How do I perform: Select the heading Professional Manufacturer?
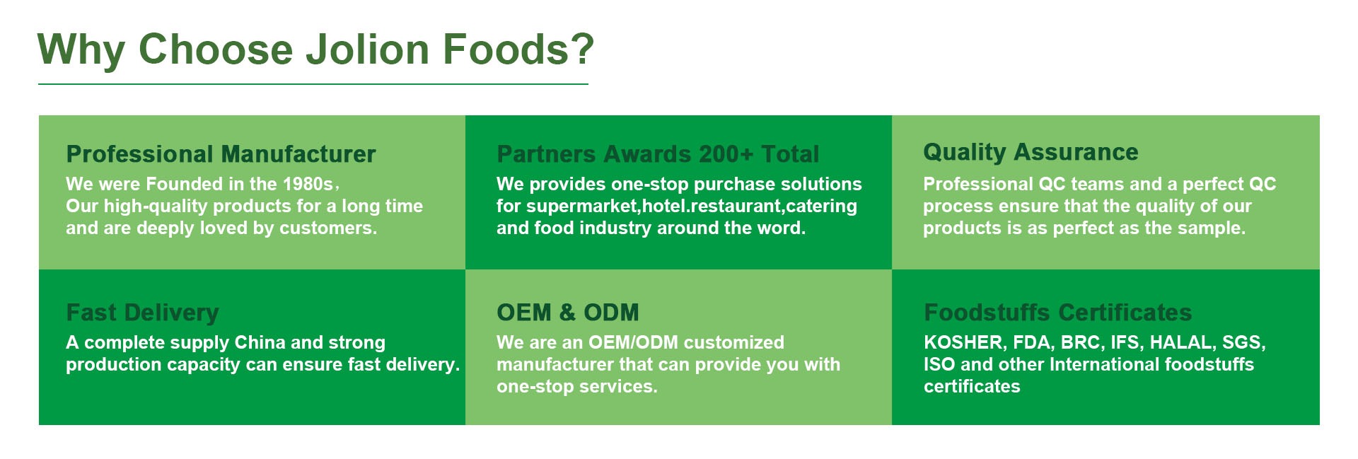[221, 154]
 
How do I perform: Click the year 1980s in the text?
[308, 184]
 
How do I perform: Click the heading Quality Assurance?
[1031, 152]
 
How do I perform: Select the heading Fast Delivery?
[142, 313]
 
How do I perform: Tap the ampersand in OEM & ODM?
[567, 313]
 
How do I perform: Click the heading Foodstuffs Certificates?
[1057, 313]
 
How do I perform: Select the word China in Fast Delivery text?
[260, 342]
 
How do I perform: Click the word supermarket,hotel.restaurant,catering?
[692, 207]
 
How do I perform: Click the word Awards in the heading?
[647, 154]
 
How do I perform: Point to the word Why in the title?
[81, 51]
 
